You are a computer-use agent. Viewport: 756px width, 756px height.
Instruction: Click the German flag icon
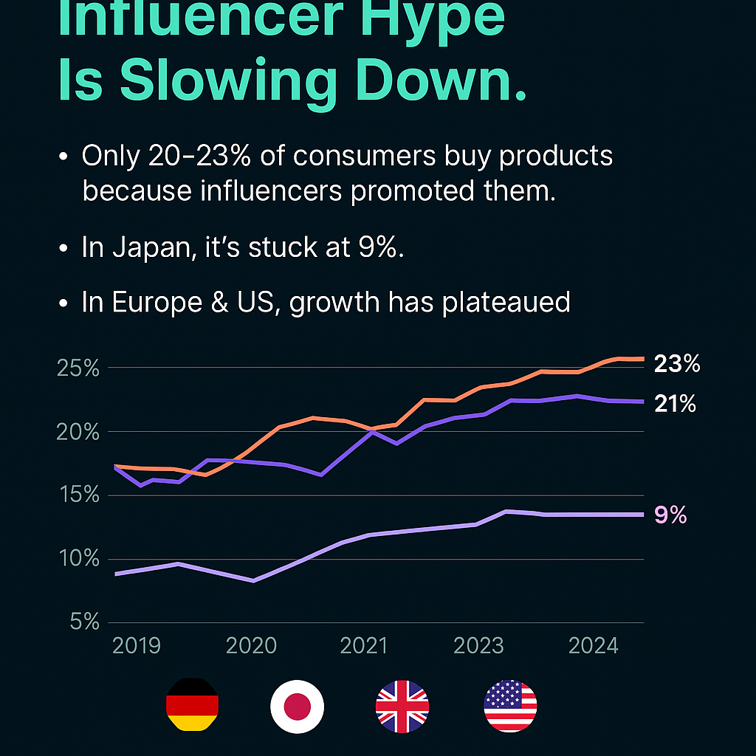click(x=192, y=706)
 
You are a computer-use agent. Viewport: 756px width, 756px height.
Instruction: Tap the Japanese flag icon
click(x=297, y=706)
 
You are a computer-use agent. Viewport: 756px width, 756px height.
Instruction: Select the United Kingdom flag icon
click(x=402, y=706)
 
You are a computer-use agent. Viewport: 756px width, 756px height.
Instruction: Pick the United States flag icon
click(x=510, y=706)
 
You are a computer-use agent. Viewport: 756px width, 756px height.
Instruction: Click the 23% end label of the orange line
click(x=676, y=364)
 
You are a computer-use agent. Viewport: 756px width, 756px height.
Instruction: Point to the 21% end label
click(x=675, y=404)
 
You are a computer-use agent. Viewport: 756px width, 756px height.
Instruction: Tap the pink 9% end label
click(x=670, y=515)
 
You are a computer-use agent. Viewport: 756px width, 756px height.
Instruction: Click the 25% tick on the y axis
click(x=78, y=367)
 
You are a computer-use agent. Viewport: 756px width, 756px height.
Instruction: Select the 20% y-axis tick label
click(x=78, y=431)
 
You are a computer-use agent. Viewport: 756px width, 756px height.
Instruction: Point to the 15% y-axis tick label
click(x=78, y=495)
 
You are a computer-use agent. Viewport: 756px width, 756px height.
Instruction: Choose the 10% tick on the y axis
click(x=78, y=559)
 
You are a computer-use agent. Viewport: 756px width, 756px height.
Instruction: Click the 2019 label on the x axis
click(x=137, y=646)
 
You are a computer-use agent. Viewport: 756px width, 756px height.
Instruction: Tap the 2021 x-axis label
click(x=363, y=646)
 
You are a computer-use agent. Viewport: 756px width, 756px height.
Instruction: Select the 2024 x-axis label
click(x=593, y=646)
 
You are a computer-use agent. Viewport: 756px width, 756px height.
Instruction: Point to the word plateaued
click(x=506, y=303)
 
